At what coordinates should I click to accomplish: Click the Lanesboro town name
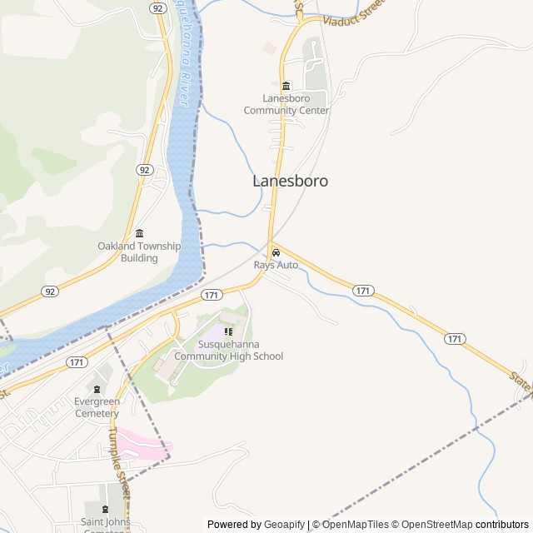point(290,181)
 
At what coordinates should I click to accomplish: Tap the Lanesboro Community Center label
point(286,104)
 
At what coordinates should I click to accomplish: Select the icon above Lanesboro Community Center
point(286,87)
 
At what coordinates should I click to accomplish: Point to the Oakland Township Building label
point(138,252)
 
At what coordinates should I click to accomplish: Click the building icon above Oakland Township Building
point(139,233)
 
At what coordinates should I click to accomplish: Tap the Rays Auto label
point(276,265)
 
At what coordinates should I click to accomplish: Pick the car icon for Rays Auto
point(276,253)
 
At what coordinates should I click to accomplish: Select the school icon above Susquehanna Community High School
point(229,331)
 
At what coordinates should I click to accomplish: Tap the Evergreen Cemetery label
point(97,407)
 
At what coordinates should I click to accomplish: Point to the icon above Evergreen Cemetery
point(97,389)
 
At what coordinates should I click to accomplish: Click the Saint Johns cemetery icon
point(105,509)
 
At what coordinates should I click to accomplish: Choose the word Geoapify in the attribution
point(284,525)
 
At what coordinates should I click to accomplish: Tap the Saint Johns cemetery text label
point(104,523)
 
